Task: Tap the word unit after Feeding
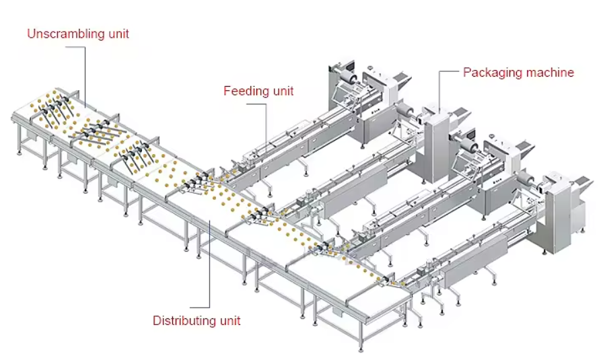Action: (281, 91)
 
